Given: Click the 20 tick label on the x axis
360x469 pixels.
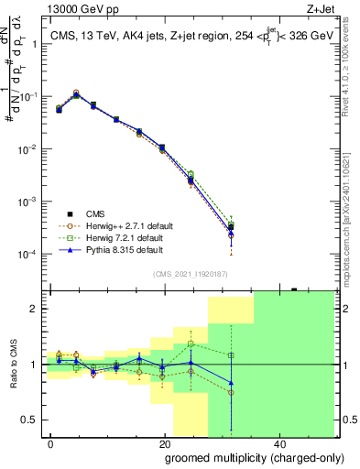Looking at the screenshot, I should click(165, 443).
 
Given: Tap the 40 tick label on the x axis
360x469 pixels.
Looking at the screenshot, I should click(278, 443).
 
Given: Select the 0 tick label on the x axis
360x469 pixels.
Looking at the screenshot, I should click(51, 443).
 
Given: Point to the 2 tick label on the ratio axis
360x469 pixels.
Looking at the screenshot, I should click(37, 310).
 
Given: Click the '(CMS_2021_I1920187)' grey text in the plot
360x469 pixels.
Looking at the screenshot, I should click(189, 273).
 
